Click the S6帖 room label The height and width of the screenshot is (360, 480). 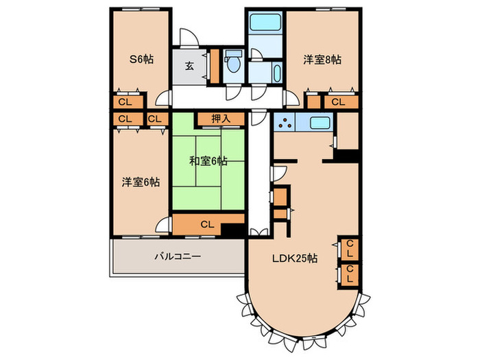click(x=142, y=60)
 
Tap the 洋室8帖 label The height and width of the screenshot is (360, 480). click(x=322, y=60)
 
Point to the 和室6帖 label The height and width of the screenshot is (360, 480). click(x=208, y=162)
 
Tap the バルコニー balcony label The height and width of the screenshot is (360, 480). click(x=177, y=256)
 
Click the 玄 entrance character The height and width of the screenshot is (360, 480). click(x=189, y=67)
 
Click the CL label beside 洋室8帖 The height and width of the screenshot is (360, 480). click(x=337, y=102)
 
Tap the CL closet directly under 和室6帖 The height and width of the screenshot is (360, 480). click(x=206, y=224)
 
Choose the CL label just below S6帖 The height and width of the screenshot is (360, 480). click(x=125, y=102)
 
